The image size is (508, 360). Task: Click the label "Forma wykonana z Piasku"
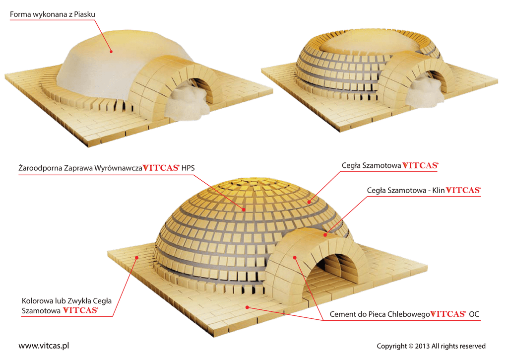click(x=52, y=15)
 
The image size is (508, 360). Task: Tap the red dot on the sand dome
click(x=111, y=51)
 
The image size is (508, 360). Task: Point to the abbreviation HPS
click(x=189, y=168)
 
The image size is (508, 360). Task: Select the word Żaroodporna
click(x=40, y=168)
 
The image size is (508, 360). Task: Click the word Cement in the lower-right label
click(x=343, y=314)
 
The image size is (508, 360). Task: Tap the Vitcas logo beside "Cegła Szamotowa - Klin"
click(x=463, y=190)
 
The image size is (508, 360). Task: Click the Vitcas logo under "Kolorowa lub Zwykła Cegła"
click(x=80, y=311)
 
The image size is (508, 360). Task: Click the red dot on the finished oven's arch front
click(x=295, y=257)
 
